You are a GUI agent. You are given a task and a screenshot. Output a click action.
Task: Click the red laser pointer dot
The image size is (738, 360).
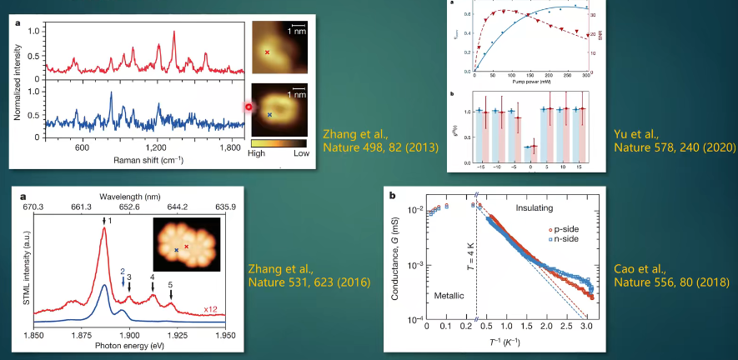pyautogui.click(x=248, y=107)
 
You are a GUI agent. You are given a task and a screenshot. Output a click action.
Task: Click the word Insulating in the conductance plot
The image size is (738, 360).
pyautogui.click(x=540, y=207)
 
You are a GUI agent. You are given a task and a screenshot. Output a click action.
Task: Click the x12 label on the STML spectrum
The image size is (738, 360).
pyautogui.click(x=212, y=309)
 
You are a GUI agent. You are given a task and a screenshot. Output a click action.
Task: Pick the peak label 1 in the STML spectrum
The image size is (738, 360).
pyautogui.click(x=108, y=220)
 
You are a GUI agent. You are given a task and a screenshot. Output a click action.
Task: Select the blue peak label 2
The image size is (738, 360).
pyautogui.click(x=123, y=272)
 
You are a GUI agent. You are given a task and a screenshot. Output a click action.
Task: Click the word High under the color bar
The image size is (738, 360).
pyautogui.click(x=262, y=154)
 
